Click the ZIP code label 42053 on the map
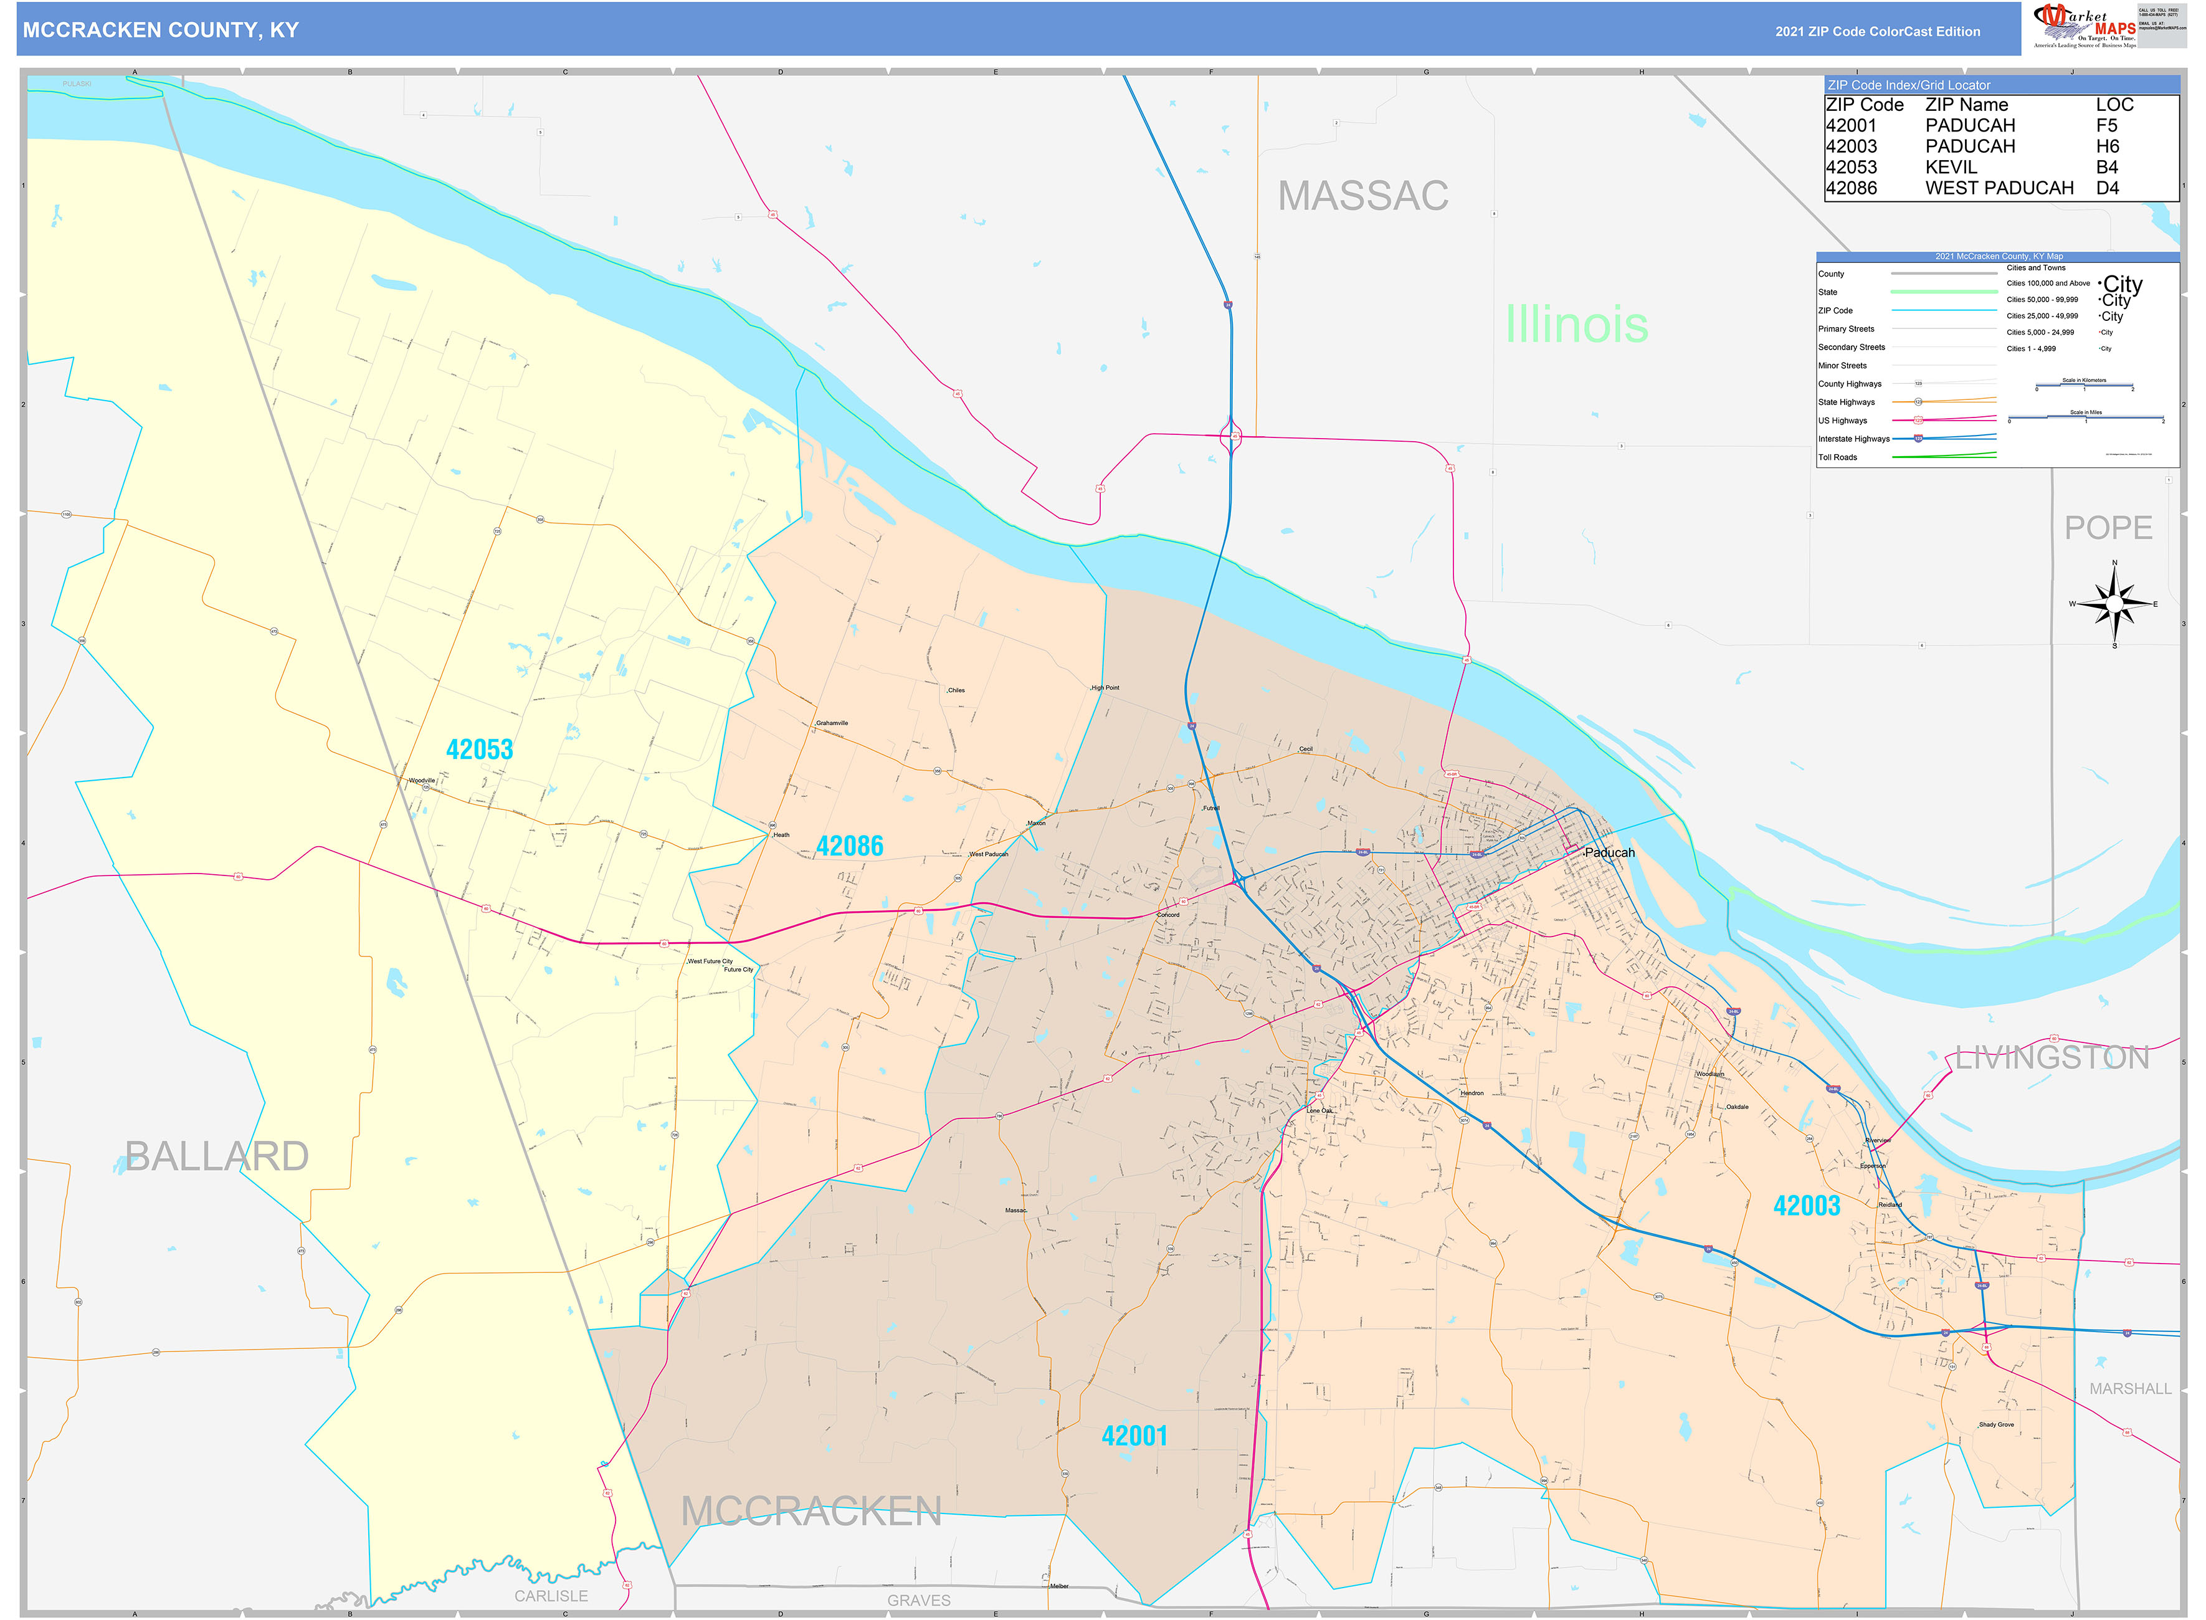coord(480,750)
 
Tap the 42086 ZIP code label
coord(849,846)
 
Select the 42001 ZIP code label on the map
coord(1134,1437)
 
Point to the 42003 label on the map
coord(1806,1206)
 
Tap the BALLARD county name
coord(217,1156)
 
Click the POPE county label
coord(2108,528)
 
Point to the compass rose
coord(2114,604)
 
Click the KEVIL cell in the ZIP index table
coord(1951,168)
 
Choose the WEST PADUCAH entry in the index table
coord(1999,188)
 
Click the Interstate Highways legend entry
coord(1853,439)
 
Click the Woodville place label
coord(422,781)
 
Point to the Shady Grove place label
coord(1996,1425)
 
